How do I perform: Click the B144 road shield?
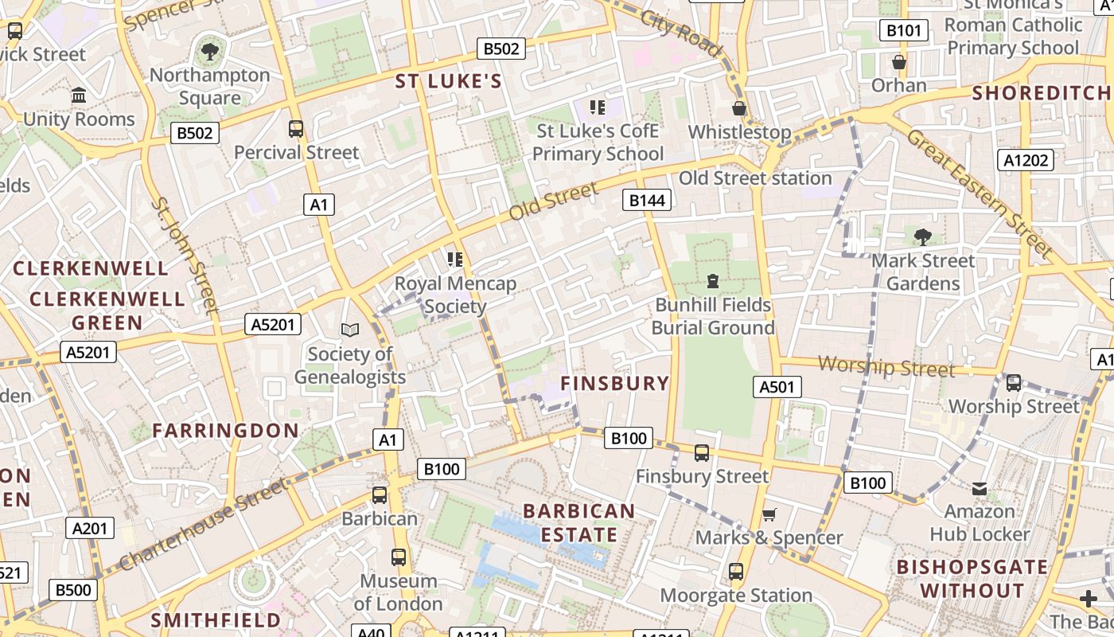(647, 200)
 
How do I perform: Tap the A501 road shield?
(777, 387)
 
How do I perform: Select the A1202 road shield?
(1026, 160)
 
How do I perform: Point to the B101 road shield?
(904, 31)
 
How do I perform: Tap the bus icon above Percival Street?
(296, 128)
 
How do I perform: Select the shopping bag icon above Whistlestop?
(739, 108)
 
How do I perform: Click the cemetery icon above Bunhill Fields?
(712, 281)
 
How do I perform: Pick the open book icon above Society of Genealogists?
(350, 330)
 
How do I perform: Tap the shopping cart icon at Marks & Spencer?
(769, 514)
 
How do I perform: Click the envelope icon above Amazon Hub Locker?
(980, 488)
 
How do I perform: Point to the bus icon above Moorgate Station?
(736, 572)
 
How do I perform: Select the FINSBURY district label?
(615, 383)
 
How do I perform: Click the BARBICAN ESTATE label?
(579, 522)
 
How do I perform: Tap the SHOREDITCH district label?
(1040, 92)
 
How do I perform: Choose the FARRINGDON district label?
(226, 431)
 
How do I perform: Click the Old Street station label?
(754, 178)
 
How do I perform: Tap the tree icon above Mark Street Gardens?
(923, 236)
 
